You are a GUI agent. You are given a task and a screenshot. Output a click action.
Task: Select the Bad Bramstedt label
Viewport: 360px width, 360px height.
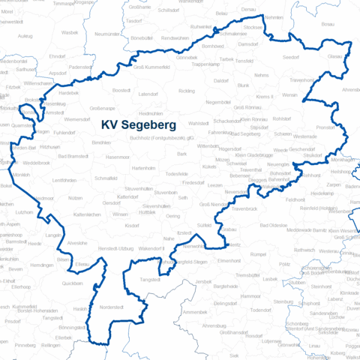73,155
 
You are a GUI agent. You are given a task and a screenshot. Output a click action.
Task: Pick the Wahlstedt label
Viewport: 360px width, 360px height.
198,123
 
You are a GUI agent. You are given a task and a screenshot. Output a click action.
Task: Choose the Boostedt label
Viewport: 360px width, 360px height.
121,90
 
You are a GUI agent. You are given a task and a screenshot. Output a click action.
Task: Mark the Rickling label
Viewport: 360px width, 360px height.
187,91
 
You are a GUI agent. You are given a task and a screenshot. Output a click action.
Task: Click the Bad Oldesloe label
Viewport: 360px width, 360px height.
274,225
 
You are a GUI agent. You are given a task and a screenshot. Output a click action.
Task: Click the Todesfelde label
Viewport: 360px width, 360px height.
177,173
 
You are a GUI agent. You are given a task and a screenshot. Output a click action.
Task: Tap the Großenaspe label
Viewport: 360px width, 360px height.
102,108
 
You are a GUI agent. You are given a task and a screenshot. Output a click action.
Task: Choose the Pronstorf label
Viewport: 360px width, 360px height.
325,127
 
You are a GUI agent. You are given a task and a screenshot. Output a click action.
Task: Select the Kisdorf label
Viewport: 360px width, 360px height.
132,225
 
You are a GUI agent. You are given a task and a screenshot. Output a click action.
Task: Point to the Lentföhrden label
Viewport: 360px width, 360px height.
65,181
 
